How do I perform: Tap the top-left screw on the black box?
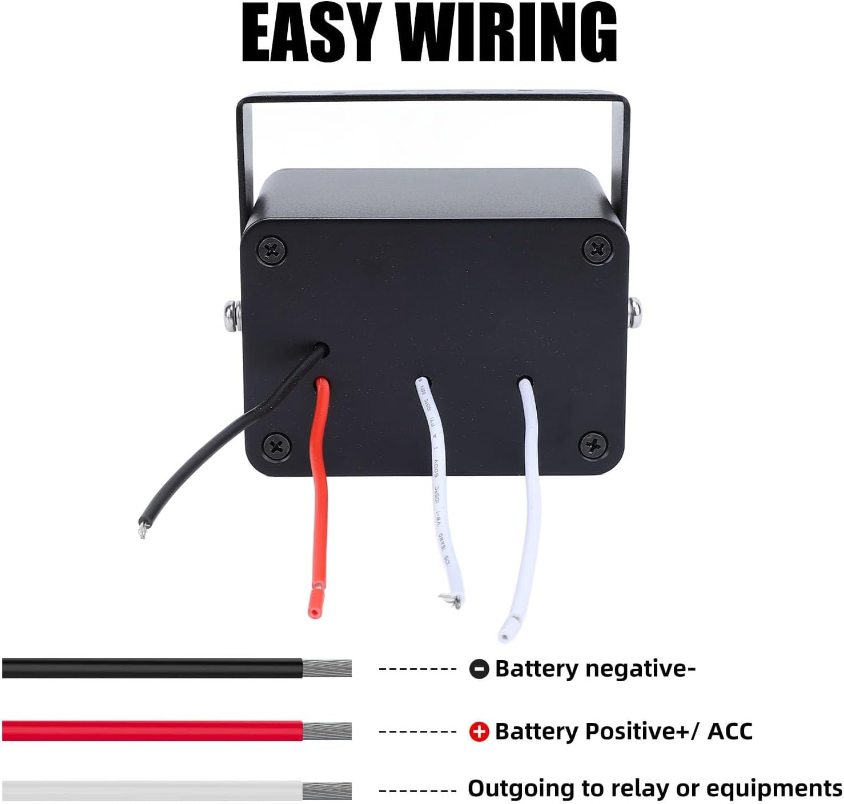pyautogui.click(x=272, y=250)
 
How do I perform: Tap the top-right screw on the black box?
pyautogui.click(x=597, y=248)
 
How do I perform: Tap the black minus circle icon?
pyautogui.click(x=479, y=669)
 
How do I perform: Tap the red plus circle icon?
pyautogui.click(x=479, y=731)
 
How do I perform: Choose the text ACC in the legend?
pyautogui.click(x=730, y=731)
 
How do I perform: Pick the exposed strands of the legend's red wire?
pyautogui.click(x=327, y=731)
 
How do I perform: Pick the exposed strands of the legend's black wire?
pyautogui.click(x=327, y=669)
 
